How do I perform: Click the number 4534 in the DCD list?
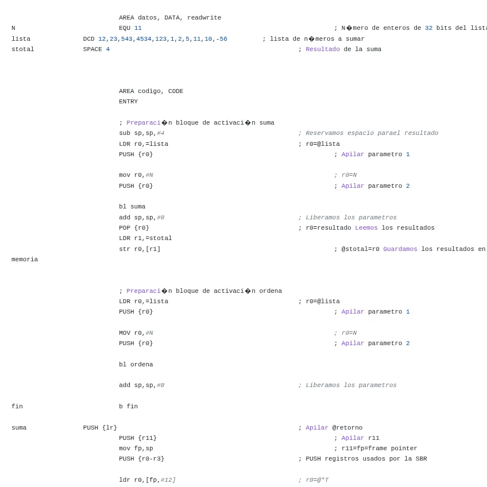[144, 39]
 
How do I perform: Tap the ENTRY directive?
[128, 102]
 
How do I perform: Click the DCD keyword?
[88, 39]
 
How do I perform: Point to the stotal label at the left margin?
[23, 49]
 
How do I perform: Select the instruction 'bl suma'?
[132, 207]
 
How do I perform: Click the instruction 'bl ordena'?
[136, 365]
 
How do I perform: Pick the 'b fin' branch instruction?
[128, 407]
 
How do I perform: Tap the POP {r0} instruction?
[134, 228]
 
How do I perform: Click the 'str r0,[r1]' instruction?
[140, 249]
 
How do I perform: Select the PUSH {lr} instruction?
[100, 428]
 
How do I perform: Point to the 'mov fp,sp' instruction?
[136, 449]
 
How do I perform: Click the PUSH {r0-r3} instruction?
[141, 459]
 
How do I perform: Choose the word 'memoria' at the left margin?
[25, 260]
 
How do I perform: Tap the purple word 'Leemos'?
[366, 228]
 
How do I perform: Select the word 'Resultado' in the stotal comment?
[323, 49]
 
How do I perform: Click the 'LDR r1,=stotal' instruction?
[145, 238]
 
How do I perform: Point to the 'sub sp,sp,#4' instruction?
[141, 133]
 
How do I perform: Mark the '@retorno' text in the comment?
[347, 428]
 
